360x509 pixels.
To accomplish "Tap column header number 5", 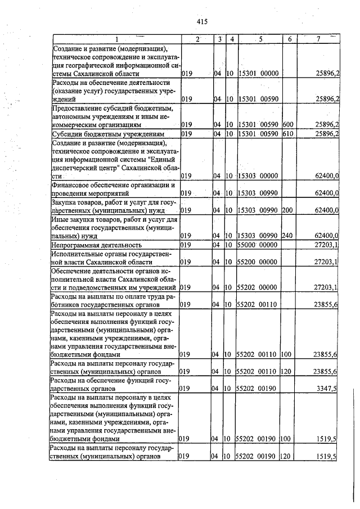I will [x=261, y=39].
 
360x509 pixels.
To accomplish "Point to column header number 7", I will [x=318, y=39].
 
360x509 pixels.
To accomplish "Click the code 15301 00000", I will [x=259, y=74].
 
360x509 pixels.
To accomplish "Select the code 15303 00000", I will [x=259, y=176].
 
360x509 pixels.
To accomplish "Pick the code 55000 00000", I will [x=259, y=245].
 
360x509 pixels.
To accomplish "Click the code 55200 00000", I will [x=259, y=262].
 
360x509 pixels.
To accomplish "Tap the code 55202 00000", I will [x=259, y=287].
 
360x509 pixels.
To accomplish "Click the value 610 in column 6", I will [x=287, y=134].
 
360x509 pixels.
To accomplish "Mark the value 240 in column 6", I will [x=287, y=236].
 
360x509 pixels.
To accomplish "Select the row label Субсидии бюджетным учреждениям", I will [x=107, y=134].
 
